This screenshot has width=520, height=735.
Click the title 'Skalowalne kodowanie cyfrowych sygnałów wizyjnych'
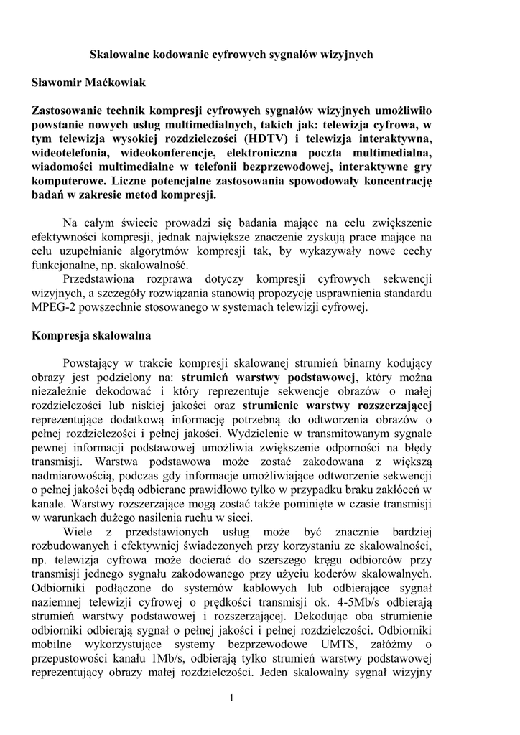(231, 55)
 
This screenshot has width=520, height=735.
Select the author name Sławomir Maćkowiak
(88, 83)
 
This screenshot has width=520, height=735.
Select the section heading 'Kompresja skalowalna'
(91, 335)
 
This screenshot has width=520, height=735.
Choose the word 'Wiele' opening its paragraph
(78, 532)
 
